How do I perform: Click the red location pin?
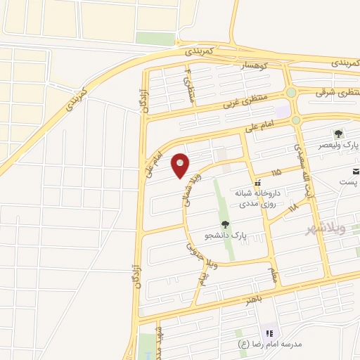pyautogui.click(x=181, y=165)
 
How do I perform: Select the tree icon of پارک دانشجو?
pyautogui.click(x=225, y=224)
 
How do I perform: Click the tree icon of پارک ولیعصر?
pyautogui.click(x=339, y=134)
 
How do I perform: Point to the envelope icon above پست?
pyautogui.click(x=354, y=171)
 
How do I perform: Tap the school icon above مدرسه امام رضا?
pyautogui.click(x=269, y=333)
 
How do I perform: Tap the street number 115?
pyautogui.click(x=275, y=172)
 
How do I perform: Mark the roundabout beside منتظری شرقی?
pyautogui.click(x=291, y=92)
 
